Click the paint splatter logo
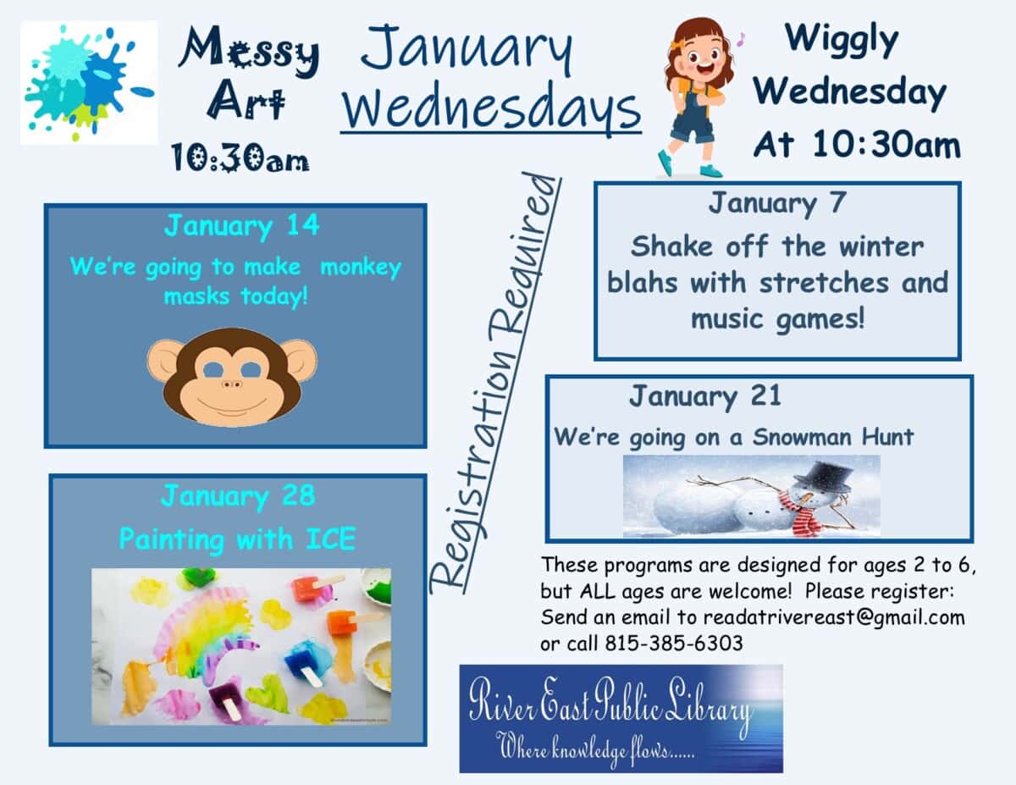pyautogui.click(x=88, y=83)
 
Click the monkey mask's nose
pyautogui.click(x=232, y=385)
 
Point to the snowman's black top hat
pyautogui.click(x=823, y=475)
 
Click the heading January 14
pyautogui.click(x=242, y=227)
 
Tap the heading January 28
pyautogui.click(x=237, y=496)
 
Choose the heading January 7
pyautogui.click(x=777, y=204)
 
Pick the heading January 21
pyautogui.click(x=704, y=396)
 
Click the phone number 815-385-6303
pyautogui.click(x=674, y=644)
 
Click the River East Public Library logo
pyautogui.click(x=621, y=718)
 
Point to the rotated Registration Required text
pyautogui.click(x=496, y=381)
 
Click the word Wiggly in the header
pyautogui.click(x=842, y=41)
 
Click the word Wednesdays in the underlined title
pyautogui.click(x=490, y=108)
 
